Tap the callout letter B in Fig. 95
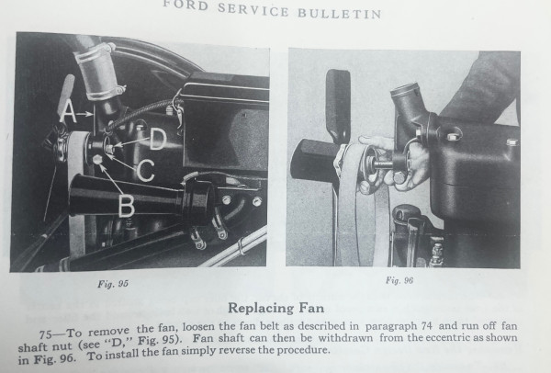coord(126,206)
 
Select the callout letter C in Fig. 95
coord(145,170)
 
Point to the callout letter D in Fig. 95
coord(158,139)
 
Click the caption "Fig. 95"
coord(113,284)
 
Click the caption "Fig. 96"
coord(399,280)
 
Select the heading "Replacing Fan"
coord(275,308)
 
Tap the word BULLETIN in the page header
coord(340,13)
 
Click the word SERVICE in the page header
coord(253,9)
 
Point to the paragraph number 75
coord(47,334)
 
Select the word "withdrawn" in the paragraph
coord(345,338)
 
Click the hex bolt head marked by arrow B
coord(97,160)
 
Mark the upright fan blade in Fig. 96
coord(337,107)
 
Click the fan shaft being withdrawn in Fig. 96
coord(382,164)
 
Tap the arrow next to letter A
coord(84,114)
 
